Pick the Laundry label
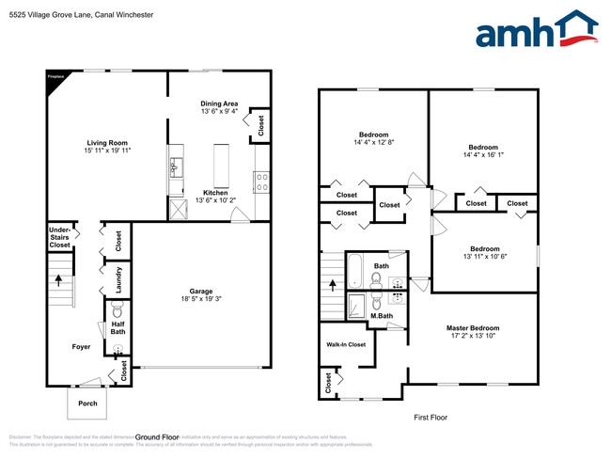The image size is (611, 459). tap(119, 279)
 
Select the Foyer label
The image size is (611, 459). tap(82, 347)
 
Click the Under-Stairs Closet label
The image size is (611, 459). tap(60, 237)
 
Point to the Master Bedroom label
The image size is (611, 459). tap(473, 328)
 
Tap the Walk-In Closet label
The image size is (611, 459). tap(346, 344)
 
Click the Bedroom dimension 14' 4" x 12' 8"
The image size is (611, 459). tap(374, 143)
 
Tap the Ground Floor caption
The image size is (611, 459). tap(157, 437)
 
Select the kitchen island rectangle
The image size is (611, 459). tap(223, 166)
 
